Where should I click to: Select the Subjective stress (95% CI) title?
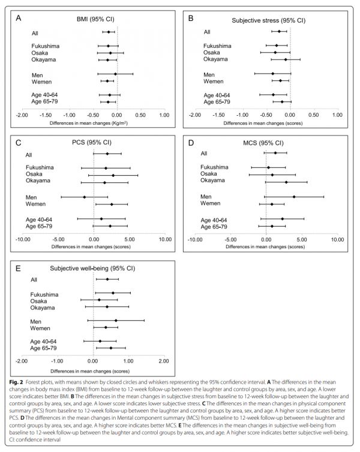coord(268,20)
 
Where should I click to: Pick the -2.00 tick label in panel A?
coord(22,114)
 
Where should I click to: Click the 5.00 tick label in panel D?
coord(301,239)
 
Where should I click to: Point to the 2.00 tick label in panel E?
coord(164,361)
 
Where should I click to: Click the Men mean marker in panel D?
coord(294,197)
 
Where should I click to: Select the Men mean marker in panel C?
coord(84,197)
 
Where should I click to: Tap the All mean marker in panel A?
coord(109,32)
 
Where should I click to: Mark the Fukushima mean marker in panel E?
coord(113,293)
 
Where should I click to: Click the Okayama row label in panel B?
coord(215,59)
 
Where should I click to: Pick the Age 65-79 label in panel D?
coord(214,227)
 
